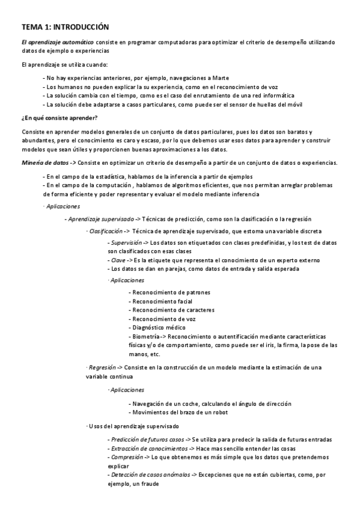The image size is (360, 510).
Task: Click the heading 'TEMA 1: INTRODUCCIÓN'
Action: [65, 27]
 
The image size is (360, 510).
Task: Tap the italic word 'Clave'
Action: [118, 260]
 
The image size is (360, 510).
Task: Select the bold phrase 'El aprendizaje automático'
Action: [57, 41]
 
